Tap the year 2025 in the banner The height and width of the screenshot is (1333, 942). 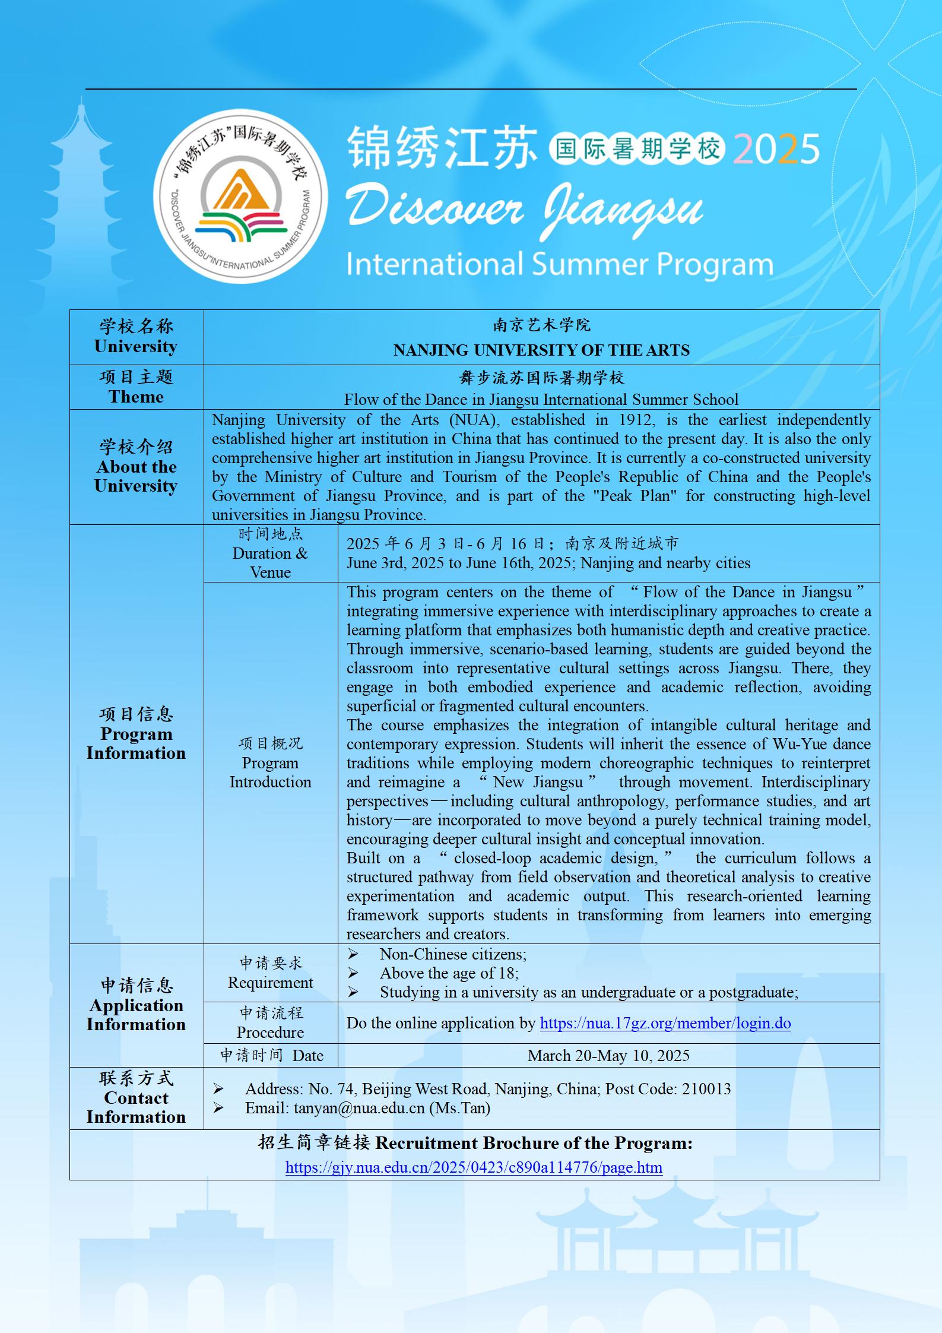tap(776, 149)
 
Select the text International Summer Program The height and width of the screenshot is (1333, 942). tap(559, 264)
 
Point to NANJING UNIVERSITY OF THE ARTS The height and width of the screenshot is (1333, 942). tap(541, 350)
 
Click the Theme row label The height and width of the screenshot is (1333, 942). tap(136, 397)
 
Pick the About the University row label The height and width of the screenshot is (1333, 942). tap(136, 476)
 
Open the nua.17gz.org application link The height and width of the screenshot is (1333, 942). tap(665, 1023)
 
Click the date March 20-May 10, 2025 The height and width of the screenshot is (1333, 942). tap(608, 1055)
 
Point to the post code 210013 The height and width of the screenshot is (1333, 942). tap(706, 1089)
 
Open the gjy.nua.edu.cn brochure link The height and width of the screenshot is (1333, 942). tap(474, 1167)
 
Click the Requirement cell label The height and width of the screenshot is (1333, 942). tap(270, 983)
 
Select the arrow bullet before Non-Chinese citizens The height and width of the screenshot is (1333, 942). tap(353, 954)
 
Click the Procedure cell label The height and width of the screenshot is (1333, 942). tap(270, 1033)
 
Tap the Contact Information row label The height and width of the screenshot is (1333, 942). tap(136, 1107)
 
